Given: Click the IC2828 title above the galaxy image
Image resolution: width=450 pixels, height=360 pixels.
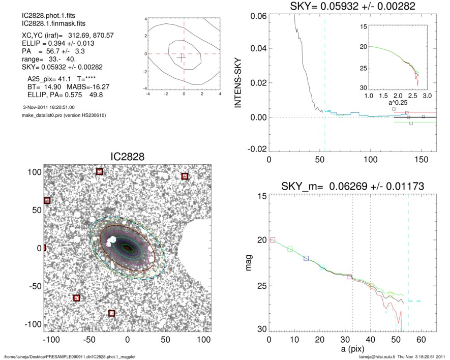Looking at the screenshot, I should pyautogui.click(x=128, y=157).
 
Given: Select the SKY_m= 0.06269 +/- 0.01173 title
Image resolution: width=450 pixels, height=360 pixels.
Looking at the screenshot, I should pyautogui.click(x=353, y=187).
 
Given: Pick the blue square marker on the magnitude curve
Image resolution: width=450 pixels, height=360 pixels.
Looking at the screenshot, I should pyautogui.click(x=306, y=258).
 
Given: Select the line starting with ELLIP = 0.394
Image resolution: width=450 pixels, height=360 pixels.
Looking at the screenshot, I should pyautogui.click(x=50, y=44).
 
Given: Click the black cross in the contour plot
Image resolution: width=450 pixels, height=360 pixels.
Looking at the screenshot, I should pyautogui.click(x=181, y=57).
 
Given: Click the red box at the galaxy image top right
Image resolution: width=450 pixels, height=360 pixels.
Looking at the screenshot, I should pyautogui.click(x=185, y=176).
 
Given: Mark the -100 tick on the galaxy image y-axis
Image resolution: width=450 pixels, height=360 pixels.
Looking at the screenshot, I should pyautogui.click(x=34, y=324).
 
